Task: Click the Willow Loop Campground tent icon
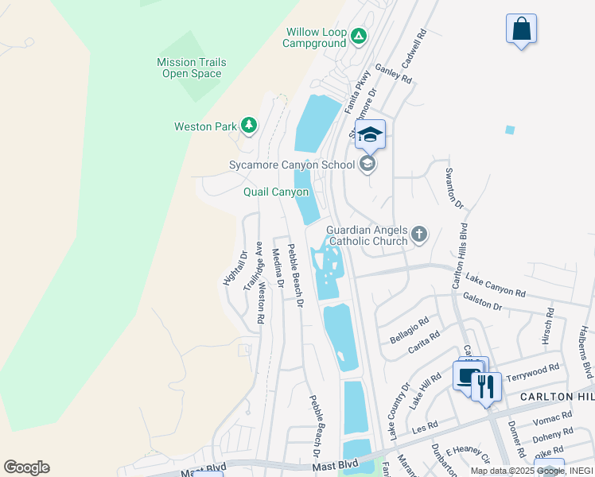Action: pyautogui.click(x=359, y=36)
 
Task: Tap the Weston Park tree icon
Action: pyautogui.click(x=249, y=126)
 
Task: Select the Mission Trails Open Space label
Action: pyautogui.click(x=191, y=68)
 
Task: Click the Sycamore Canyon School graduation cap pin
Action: pyautogui.click(x=370, y=134)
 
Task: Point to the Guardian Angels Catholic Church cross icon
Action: pyautogui.click(x=419, y=235)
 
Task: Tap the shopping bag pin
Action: pyautogui.click(x=521, y=29)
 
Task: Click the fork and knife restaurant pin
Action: pyautogui.click(x=486, y=387)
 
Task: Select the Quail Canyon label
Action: pyautogui.click(x=275, y=192)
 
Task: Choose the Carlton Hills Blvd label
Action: pyautogui.click(x=458, y=255)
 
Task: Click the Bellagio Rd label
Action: pyautogui.click(x=409, y=330)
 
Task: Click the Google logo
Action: pyautogui.click(x=26, y=467)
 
